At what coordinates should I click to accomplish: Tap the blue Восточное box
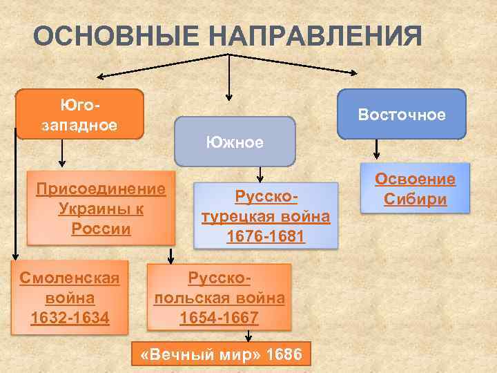click(x=402, y=114)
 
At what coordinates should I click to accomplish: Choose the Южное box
click(x=235, y=142)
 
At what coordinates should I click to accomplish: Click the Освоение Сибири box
click(x=416, y=189)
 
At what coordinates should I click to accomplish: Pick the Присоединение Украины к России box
click(x=101, y=208)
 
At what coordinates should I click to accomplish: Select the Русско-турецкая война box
click(x=266, y=216)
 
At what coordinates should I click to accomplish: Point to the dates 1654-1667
click(x=219, y=318)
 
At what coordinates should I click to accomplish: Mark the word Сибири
click(x=416, y=200)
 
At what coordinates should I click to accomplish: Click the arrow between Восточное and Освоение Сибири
click(x=377, y=149)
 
